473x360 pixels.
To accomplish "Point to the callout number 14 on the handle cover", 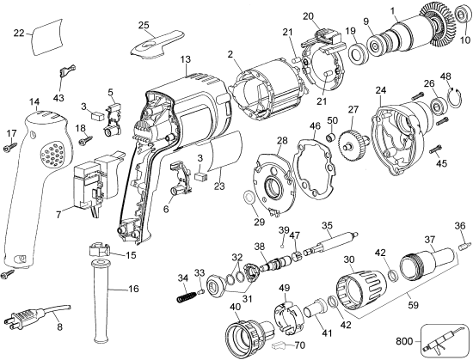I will tap(34, 101).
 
